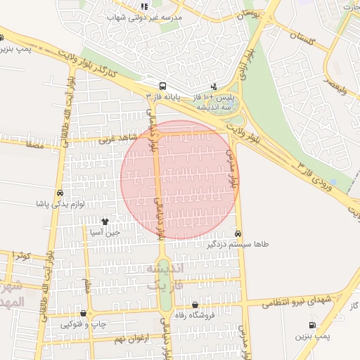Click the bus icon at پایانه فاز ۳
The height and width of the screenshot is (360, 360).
coord(163,83)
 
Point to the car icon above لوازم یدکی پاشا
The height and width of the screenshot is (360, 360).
coord(60,193)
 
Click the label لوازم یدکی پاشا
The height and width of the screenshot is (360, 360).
coord(61,204)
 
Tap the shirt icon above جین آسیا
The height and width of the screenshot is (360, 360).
coord(105,221)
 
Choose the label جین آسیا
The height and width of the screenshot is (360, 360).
coord(105,231)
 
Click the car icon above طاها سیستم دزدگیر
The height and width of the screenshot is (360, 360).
coord(238,233)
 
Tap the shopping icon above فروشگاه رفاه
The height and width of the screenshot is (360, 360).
coord(195,304)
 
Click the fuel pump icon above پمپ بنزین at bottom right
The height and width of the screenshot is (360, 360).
coord(312,325)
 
